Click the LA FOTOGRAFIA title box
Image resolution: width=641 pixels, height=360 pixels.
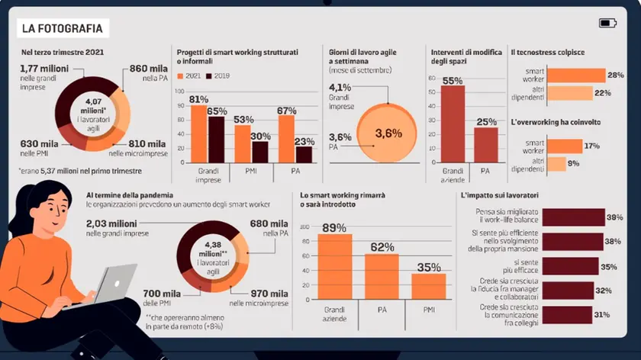click(63, 28)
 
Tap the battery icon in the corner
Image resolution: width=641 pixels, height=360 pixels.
click(607, 24)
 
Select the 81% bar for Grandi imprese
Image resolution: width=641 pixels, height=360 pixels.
click(199, 134)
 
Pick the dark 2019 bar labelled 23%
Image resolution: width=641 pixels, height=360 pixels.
click(304, 155)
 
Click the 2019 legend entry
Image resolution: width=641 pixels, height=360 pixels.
click(217, 76)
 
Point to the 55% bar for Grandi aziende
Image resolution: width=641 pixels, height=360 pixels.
click(453, 124)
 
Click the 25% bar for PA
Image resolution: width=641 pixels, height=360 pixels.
click(486, 145)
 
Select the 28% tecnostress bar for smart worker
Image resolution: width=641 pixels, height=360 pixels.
click(576, 76)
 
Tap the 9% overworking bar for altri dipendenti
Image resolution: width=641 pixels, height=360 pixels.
click(556, 164)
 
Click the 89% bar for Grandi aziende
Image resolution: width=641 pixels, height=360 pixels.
click(335, 267)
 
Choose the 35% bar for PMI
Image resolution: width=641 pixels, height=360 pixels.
click(429, 287)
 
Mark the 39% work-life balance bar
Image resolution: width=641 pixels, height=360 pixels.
click(574, 217)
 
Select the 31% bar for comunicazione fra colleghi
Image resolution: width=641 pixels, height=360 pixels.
click(567, 315)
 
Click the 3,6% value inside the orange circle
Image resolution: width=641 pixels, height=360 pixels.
click(388, 133)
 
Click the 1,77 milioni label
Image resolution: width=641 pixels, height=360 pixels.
click(44, 69)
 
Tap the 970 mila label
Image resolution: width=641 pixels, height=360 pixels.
click(269, 294)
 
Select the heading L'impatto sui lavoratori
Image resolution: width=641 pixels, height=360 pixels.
click(500, 195)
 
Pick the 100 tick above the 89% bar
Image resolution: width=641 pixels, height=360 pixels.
click(304, 227)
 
